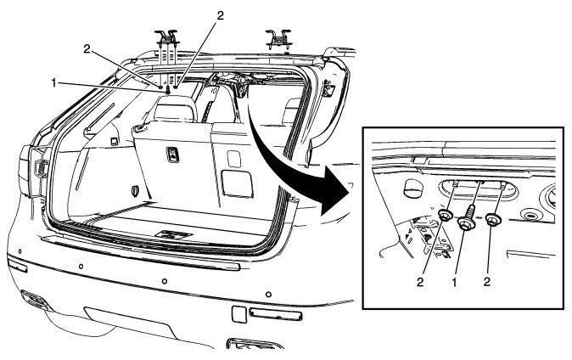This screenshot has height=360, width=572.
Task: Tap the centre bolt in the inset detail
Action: point(464,223)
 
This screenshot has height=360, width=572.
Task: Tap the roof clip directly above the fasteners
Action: point(166,38)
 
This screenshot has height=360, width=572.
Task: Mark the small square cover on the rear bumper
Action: point(239,314)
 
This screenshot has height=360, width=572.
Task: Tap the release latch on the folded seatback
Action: point(174,154)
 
